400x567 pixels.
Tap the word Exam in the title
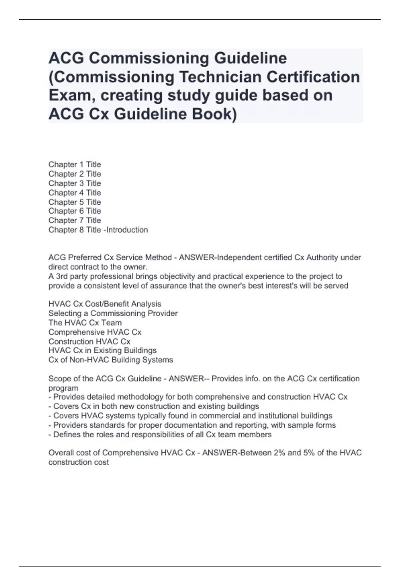pos(68,95)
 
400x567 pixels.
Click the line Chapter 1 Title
pos(75,164)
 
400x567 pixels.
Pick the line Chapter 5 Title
pos(75,202)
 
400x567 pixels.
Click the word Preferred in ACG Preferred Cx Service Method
pos(85,257)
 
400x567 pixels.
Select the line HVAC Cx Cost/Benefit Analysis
pos(105,304)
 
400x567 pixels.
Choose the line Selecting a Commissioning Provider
pos(113,313)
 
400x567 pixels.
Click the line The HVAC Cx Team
pos(85,323)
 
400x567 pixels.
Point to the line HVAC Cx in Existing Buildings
pos(102,351)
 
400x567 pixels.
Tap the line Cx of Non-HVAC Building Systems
pos(111,360)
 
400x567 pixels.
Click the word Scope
pos(59,379)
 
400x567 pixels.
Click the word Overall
pos(61,453)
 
